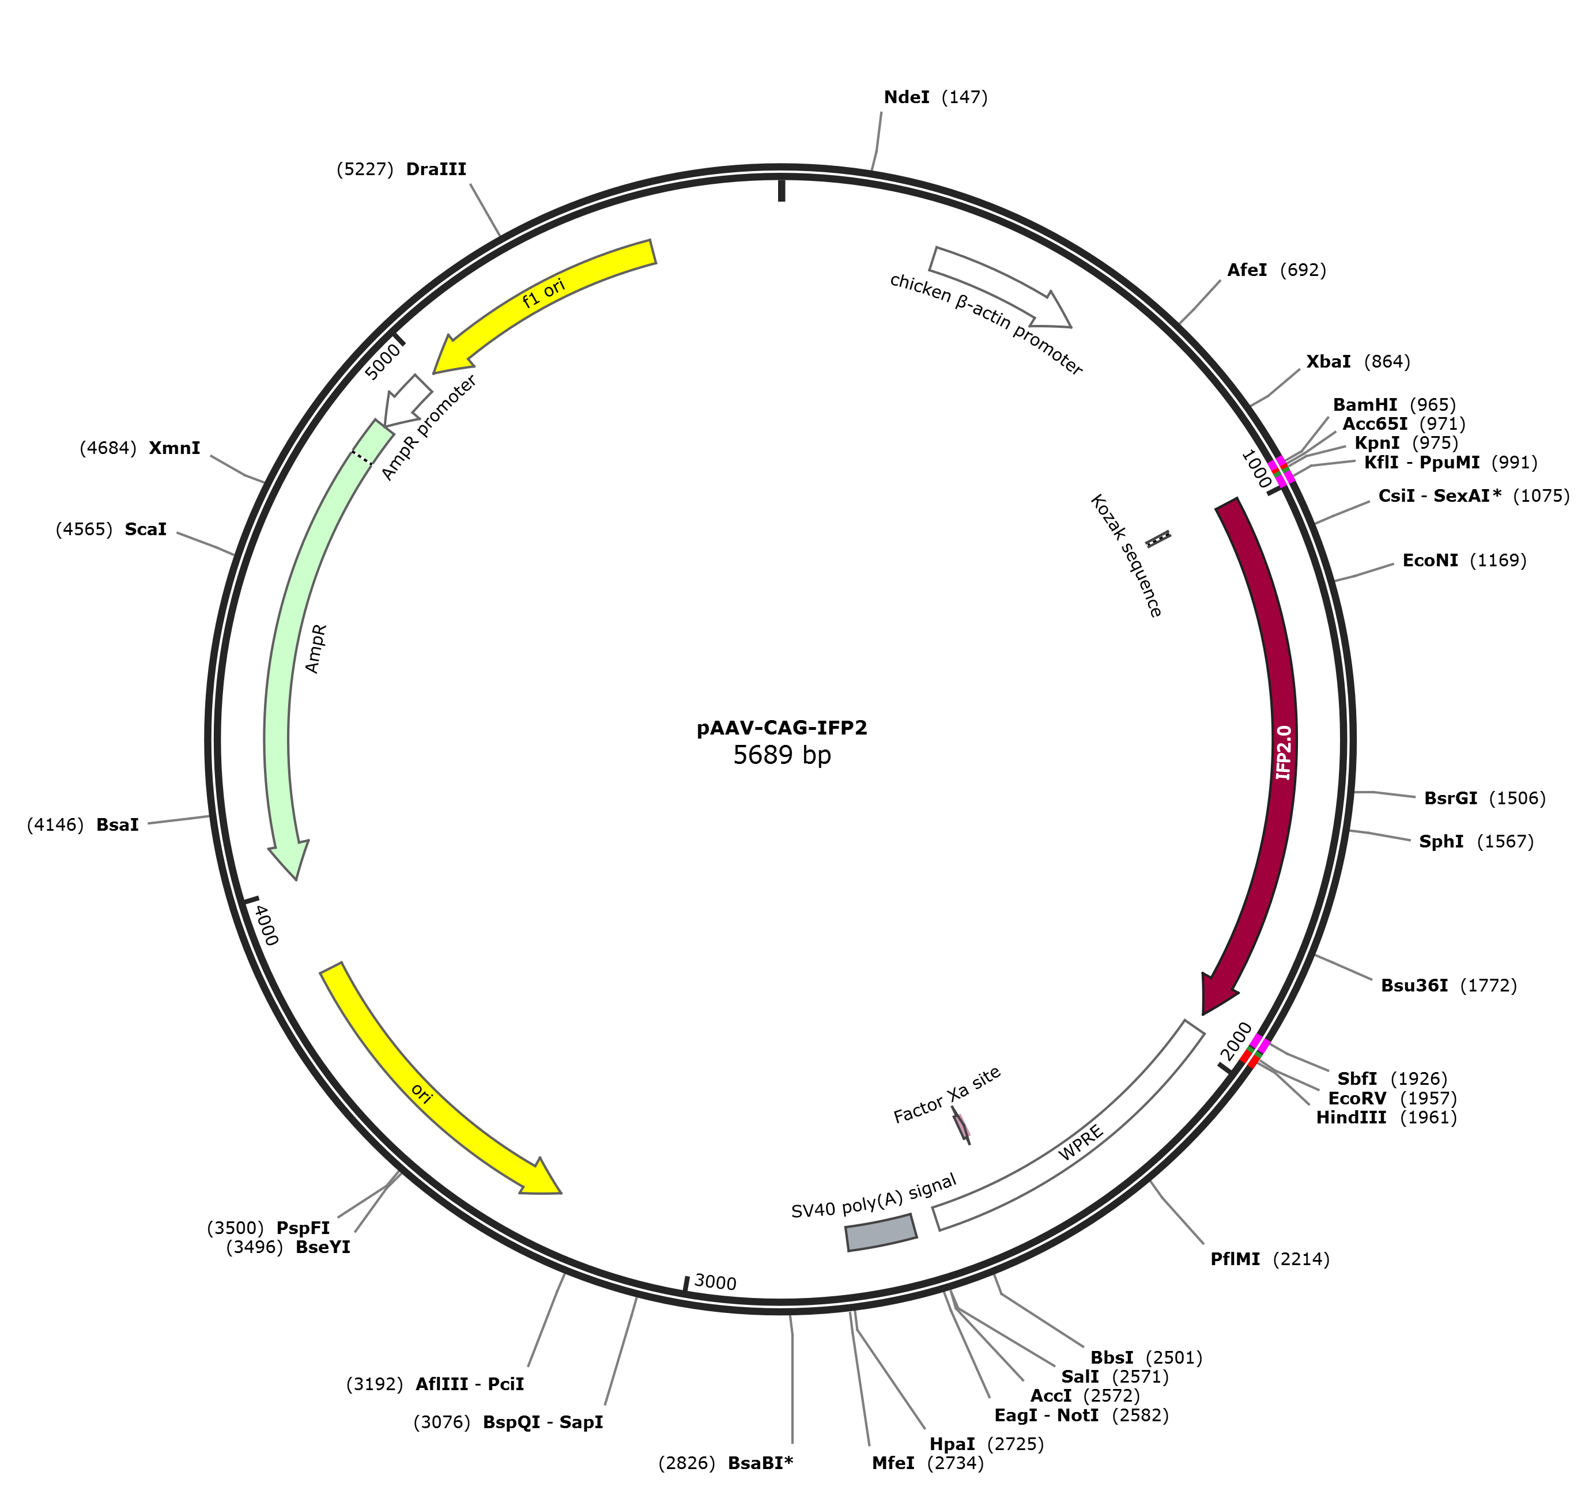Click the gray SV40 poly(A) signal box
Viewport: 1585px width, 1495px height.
(881, 1232)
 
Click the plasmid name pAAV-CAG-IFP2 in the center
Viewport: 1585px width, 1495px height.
(782, 728)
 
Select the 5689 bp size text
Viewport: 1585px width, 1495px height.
(782, 755)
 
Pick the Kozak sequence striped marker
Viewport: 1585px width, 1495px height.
(1158, 539)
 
